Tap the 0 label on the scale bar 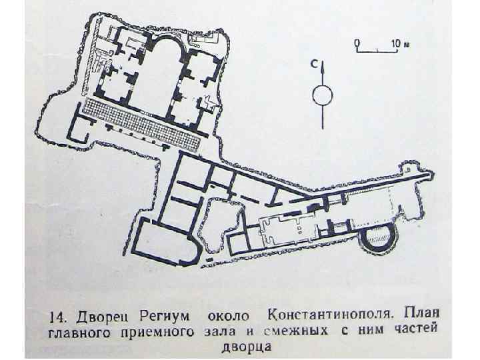pos(357,42)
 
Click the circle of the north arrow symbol pos(321,95)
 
